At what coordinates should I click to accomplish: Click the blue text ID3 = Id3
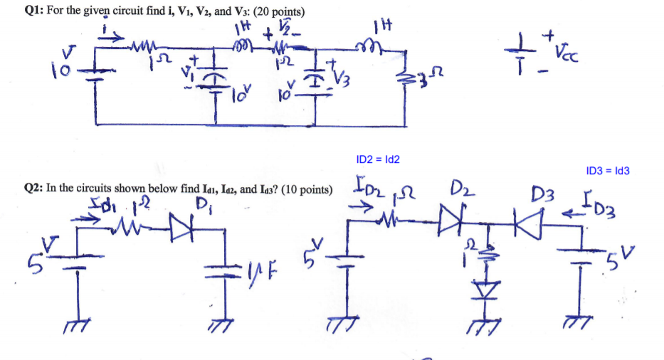coord(607,171)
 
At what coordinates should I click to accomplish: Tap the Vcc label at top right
coord(575,51)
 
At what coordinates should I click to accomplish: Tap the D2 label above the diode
coord(459,192)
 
